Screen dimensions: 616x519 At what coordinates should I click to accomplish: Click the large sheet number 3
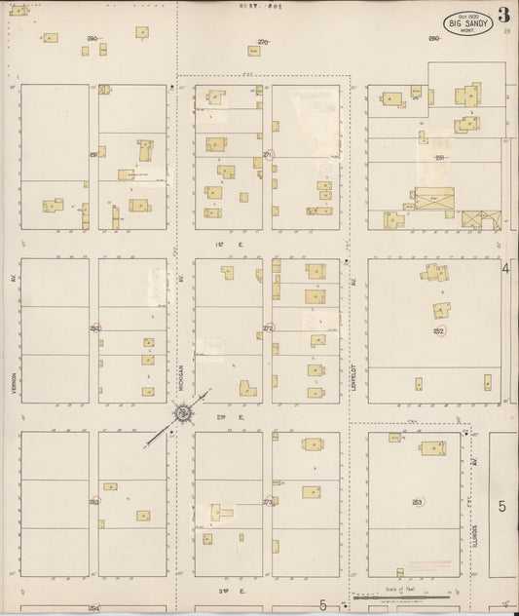tap(502, 15)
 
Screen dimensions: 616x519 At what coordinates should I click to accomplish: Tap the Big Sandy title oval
tap(467, 23)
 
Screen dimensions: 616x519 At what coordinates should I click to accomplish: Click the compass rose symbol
tap(182, 414)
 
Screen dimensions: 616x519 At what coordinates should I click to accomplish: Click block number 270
tap(262, 42)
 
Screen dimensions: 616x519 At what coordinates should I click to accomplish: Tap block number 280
tap(93, 38)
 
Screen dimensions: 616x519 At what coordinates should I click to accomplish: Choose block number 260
tap(433, 38)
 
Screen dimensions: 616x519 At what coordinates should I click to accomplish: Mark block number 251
tap(440, 157)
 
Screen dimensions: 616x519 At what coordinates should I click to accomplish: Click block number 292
tap(94, 328)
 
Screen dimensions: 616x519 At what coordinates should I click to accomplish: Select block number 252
tap(439, 330)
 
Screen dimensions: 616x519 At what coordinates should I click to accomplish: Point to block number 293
tap(94, 502)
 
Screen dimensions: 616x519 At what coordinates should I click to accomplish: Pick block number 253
tap(417, 502)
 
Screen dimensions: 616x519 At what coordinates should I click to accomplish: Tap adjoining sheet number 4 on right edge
tap(505, 268)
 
